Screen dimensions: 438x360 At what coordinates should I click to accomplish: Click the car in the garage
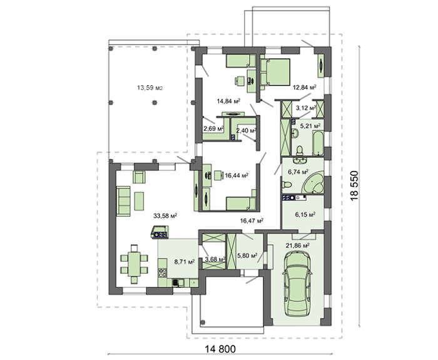click(297, 284)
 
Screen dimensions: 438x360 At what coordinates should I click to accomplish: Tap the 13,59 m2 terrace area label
click(150, 88)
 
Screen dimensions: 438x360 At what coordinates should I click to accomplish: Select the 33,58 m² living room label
click(165, 216)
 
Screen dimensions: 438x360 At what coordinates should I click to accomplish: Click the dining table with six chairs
click(134, 264)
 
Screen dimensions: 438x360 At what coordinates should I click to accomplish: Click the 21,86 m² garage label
click(297, 245)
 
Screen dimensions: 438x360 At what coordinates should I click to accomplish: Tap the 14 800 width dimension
click(220, 349)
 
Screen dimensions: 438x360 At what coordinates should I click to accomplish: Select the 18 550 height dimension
click(354, 185)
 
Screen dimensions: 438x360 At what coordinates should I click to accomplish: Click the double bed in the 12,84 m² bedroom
click(275, 72)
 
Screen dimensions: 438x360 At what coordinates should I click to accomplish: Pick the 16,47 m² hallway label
click(252, 221)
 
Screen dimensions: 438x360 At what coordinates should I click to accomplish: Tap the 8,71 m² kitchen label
click(185, 262)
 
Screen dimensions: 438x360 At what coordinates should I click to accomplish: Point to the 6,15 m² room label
click(305, 215)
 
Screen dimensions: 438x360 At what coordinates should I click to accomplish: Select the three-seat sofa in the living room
click(123, 201)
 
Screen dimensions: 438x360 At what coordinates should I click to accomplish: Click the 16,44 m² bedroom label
click(237, 175)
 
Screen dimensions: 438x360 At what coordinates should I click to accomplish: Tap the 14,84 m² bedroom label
click(228, 101)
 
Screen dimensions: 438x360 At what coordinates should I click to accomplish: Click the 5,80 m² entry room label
click(247, 255)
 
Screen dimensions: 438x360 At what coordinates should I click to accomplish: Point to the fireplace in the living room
click(160, 232)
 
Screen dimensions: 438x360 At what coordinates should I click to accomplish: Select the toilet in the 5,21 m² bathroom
click(300, 151)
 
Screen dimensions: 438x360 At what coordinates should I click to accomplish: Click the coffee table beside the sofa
click(139, 201)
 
